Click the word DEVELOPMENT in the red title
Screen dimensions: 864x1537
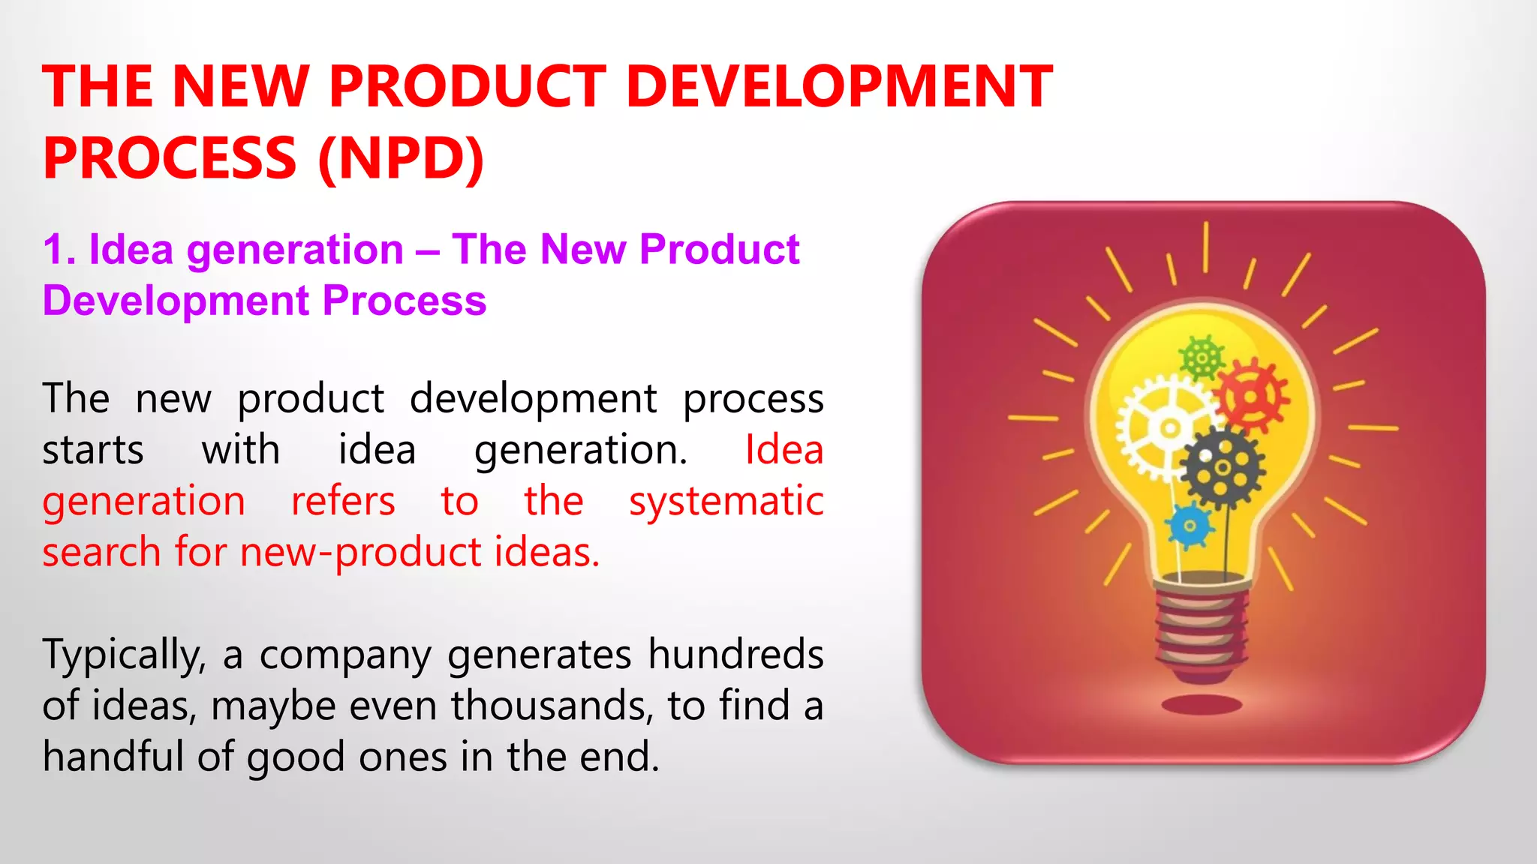click(x=839, y=87)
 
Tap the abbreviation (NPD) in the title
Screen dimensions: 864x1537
click(x=402, y=158)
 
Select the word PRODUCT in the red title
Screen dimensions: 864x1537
click(x=467, y=87)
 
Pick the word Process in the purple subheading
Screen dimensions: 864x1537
click(x=405, y=301)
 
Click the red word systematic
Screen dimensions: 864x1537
click(x=726, y=501)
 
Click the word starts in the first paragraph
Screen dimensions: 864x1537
click(x=92, y=450)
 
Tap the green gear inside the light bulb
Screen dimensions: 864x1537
click(x=1201, y=358)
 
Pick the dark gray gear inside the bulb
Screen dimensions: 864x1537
click(x=1222, y=468)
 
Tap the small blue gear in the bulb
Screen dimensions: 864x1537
click(x=1190, y=525)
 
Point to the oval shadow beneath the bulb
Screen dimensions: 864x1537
click(x=1202, y=704)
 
